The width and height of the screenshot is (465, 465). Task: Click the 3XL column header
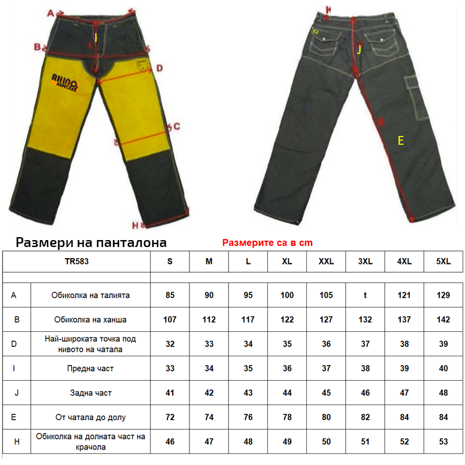pyautogui.click(x=365, y=262)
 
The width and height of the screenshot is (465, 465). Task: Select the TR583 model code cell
pyautogui.click(x=76, y=262)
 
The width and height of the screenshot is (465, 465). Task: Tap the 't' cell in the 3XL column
pyautogui.click(x=365, y=295)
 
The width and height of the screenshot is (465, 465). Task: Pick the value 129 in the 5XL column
pyautogui.click(x=443, y=295)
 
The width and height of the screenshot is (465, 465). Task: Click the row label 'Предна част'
pyautogui.click(x=90, y=369)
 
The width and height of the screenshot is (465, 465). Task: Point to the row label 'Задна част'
pyautogui.click(x=90, y=393)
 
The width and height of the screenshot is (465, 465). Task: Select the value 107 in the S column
pyautogui.click(x=170, y=320)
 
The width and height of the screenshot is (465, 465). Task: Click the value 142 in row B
pyautogui.click(x=443, y=320)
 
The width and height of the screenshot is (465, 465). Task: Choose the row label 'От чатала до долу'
pyautogui.click(x=90, y=417)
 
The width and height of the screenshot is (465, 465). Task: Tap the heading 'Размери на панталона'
pyautogui.click(x=91, y=242)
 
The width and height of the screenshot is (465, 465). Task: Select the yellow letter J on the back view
pyautogui.click(x=359, y=50)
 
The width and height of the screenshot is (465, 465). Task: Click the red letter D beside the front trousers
pyautogui.click(x=159, y=68)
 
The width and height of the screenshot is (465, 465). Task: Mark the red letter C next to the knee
pyautogui.click(x=177, y=126)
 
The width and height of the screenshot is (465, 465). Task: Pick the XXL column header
pyautogui.click(x=326, y=262)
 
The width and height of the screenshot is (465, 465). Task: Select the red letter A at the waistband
pyautogui.click(x=51, y=13)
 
